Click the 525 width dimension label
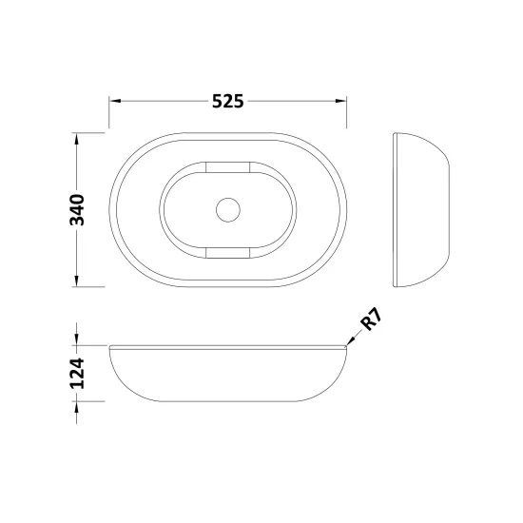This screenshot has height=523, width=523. [228, 101]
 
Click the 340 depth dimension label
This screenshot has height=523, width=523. [77, 210]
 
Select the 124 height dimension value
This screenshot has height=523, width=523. [77, 374]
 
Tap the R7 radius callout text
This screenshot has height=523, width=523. [371, 320]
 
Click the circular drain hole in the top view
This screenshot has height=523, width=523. [228, 210]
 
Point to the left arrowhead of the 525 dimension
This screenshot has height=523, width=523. [115, 101]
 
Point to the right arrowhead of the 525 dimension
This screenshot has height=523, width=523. [340, 101]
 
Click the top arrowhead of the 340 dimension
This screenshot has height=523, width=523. [77, 139]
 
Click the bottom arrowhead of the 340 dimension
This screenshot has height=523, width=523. [77, 281]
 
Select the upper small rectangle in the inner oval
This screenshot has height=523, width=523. [228, 167]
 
